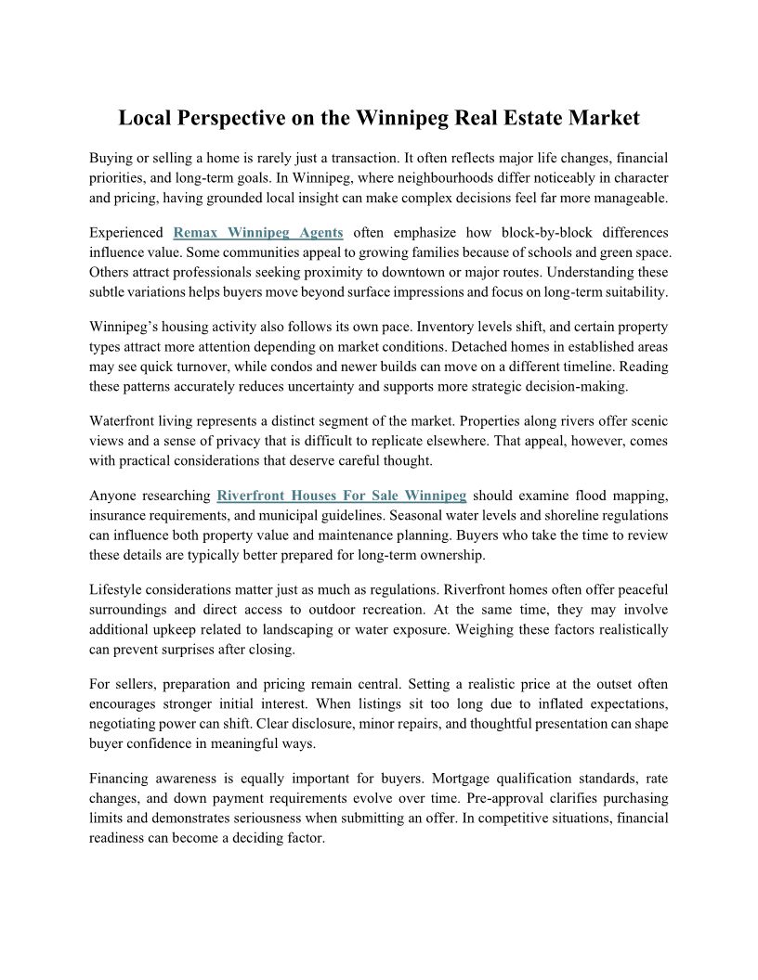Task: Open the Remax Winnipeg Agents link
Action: tap(258, 232)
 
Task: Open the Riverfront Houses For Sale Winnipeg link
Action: tap(342, 495)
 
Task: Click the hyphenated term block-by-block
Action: tap(528, 232)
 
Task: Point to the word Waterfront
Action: tap(124, 422)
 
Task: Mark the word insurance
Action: tap(127, 515)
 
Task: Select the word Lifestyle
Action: tap(120, 589)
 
